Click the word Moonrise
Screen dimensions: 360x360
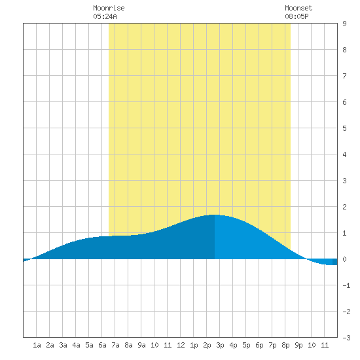tap(109, 8)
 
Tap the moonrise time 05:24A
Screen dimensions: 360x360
tap(105, 16)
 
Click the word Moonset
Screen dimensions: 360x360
tap(298, 8)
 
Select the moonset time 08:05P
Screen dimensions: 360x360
tap(297, 16)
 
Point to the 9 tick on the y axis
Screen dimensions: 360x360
tap(344, 24)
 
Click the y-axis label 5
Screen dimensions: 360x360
tap(344, 128)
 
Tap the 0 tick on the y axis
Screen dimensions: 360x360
tap(344, 259)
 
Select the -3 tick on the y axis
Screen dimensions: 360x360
tap(346, 338)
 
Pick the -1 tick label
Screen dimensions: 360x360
tap(346, 285)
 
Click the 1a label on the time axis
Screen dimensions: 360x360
tap(37, 345)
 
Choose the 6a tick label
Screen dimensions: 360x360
tap(102, 345)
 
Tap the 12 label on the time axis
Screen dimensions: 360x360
tap(181, 345)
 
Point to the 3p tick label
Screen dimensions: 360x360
tap(220, 345)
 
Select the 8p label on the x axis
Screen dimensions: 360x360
tap(285, 345)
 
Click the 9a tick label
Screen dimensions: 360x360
tap(141, 345)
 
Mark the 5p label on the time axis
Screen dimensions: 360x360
tap(246, 345)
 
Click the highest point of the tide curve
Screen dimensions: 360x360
tap(215, 215)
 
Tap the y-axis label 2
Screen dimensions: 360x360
tap(344, 207)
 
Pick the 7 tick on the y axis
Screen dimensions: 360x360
tap(344, 76)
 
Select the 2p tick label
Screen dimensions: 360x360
tap(207, 345)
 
